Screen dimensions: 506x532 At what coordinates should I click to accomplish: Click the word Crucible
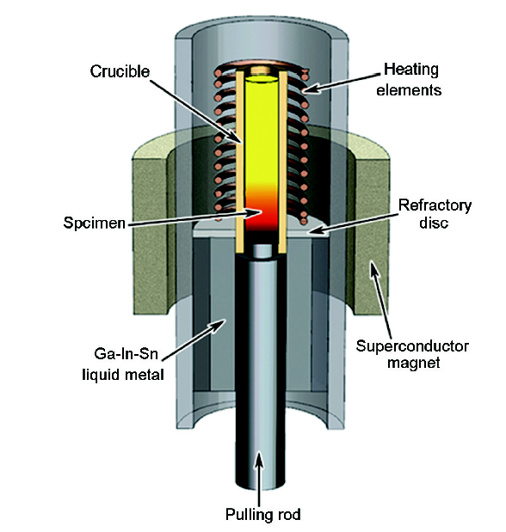[120, 71]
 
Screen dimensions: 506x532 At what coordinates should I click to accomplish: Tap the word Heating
[411, 70]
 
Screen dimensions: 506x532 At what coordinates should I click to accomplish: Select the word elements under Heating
[409, 90]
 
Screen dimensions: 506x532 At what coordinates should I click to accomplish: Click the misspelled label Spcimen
[94, 223]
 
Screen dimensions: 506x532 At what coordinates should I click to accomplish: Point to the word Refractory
[435, 205]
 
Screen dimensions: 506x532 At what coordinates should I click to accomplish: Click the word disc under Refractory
[434, 223]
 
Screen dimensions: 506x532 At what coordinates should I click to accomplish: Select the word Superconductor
[412, 346]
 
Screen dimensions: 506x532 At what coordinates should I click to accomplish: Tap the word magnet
[414, 363]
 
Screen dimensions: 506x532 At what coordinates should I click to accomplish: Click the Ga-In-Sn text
[126, 354]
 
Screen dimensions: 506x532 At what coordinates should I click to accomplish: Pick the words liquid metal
[123, 375]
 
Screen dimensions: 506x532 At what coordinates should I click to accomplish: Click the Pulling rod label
[263, 514]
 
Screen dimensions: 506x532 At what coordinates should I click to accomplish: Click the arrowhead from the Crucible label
[238, 139]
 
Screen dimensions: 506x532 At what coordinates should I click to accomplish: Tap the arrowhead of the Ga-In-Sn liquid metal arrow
[220, 324]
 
